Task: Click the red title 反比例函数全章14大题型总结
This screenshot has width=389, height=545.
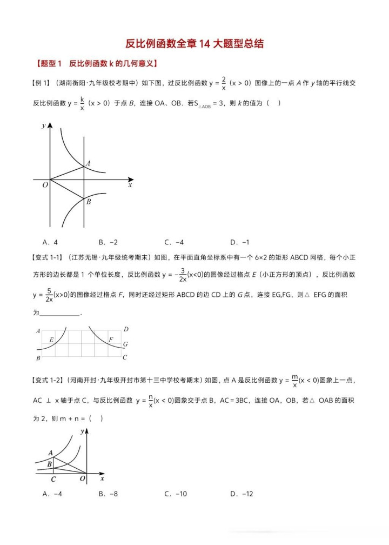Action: (194, 44)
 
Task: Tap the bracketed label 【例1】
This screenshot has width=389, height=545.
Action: (42, 83)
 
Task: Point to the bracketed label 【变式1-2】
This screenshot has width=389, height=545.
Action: (48, 381)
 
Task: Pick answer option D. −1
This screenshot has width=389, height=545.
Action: (239, 242)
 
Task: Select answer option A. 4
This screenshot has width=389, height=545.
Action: (50, 242)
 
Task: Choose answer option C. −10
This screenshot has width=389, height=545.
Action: (176, 494)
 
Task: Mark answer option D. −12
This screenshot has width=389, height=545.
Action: (242, 494)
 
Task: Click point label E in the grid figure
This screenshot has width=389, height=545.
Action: (51, 340)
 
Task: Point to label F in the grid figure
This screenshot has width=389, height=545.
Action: (111, 340)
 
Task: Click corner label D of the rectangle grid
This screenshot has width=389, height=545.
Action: (125, 329)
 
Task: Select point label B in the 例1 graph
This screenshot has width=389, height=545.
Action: (88, 202)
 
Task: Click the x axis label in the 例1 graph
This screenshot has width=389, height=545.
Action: (130, 185)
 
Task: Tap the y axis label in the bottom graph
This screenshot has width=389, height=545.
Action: (82, 431)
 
